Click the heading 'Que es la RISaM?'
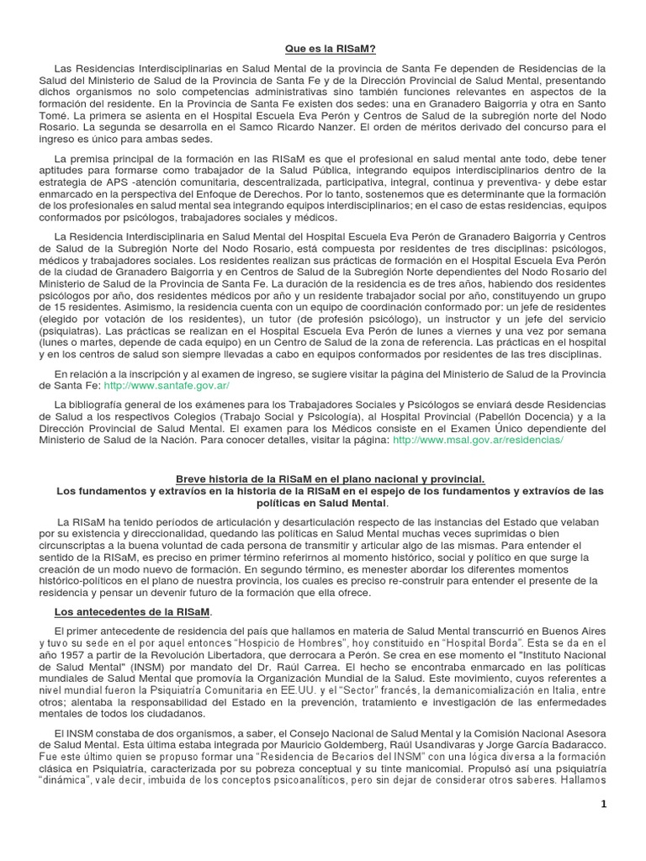point(322,50)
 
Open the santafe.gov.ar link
point(166,384)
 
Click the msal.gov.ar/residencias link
point(478,439)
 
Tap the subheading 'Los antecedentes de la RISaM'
point(133,611)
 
